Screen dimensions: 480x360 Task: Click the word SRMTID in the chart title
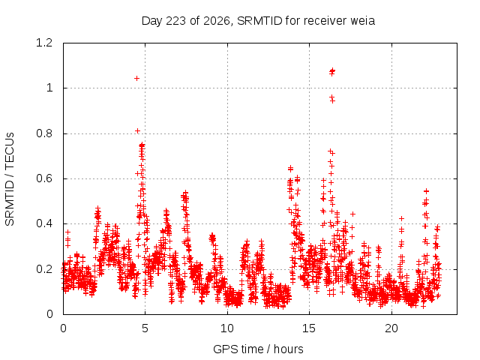coord(259,21)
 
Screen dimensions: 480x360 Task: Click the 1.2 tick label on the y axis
coord(44,43)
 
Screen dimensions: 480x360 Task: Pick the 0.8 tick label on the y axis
coord(44,133)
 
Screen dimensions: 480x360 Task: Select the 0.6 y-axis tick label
coord(44,178)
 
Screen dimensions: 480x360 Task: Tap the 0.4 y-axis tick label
coord(44,223)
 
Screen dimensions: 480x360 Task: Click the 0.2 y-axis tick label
coord(44,269)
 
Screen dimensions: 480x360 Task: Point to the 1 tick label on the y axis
coord(49,88)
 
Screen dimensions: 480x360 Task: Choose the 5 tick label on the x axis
coord(145,328)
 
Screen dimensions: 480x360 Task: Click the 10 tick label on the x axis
coord(227,328)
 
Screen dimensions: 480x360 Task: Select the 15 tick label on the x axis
coord(309,328)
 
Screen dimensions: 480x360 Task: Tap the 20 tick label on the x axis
coord(391,328)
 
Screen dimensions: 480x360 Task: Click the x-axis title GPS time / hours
coord(258,349)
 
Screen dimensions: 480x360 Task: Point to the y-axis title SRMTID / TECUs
coord(10,179)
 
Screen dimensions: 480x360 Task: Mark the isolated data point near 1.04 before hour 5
coord(136,78)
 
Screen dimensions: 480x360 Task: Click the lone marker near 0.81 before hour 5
coord(137,131)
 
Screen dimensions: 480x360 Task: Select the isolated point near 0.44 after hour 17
coord(353,214)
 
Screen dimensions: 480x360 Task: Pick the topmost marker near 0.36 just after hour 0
coord(67,232)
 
